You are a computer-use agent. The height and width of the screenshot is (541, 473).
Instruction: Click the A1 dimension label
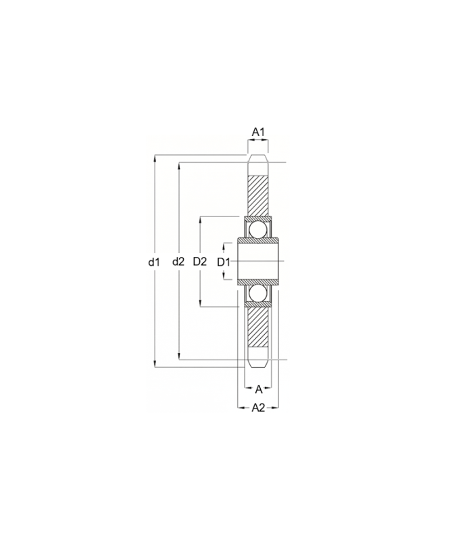[258, 132]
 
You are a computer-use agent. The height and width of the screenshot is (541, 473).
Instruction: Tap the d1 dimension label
[154, 262]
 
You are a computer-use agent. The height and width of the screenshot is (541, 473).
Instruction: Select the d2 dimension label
[178, 262]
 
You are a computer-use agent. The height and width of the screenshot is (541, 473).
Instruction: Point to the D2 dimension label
[199, 262]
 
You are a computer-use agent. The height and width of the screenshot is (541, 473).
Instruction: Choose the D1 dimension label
[224, 262]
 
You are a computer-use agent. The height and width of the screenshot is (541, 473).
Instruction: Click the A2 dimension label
[258, 408]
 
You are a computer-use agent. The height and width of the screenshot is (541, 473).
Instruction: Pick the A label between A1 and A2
[258, 390]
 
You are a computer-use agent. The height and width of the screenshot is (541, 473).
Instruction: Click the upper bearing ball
[258, 229]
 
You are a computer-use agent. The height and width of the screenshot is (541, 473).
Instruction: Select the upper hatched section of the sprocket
[258, 196]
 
